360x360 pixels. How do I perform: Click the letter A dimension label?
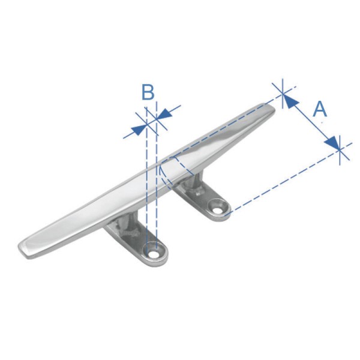(320, 109)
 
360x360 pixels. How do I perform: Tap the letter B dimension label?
(148, 93)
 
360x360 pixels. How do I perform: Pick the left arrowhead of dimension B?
(140, 127)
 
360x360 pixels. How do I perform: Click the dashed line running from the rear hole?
(282, 181)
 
